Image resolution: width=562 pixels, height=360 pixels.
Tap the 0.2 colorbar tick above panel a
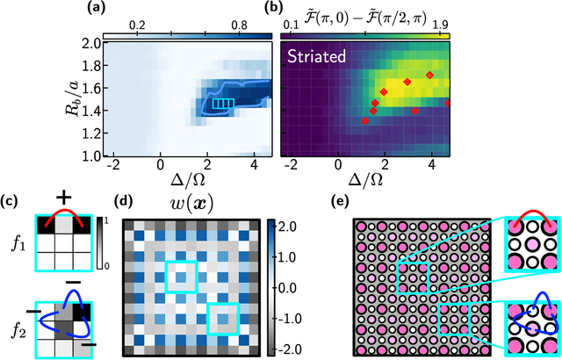(136, 25)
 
